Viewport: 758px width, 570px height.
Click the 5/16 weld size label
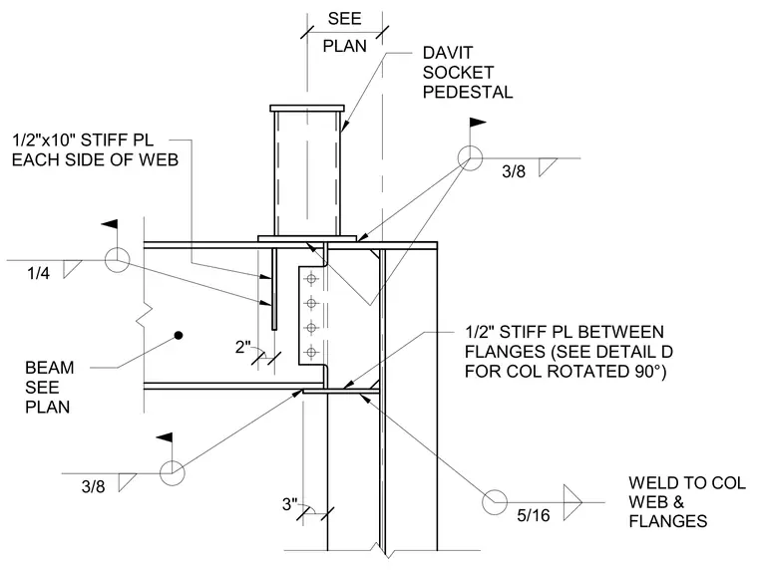click(534, 515)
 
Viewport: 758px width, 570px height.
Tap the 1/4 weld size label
click(38, 273)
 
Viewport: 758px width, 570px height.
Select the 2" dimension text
click(243, 347)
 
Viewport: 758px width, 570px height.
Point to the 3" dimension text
click(290, 504)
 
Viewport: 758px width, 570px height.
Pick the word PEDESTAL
click(468, 92)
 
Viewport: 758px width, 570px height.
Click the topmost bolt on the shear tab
click(312, 279)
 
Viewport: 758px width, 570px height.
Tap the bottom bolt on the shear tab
click(312, 352)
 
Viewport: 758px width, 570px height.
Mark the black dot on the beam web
click(179, 335)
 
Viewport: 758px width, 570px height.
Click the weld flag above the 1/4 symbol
click(110, 224)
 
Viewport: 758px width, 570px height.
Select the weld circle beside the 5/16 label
click(495, 502)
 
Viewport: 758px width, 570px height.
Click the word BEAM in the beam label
click(49, 368)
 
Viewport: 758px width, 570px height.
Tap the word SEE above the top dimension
click(344, 18)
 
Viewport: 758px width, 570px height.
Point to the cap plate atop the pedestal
click(307, 108)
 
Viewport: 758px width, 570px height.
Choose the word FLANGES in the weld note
click(668, 521)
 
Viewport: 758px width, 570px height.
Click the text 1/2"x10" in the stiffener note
click(44, 141)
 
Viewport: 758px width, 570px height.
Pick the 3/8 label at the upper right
click(514, 171)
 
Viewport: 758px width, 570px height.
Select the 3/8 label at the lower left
click(93, 486)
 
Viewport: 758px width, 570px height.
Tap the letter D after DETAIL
click(666, 352)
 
